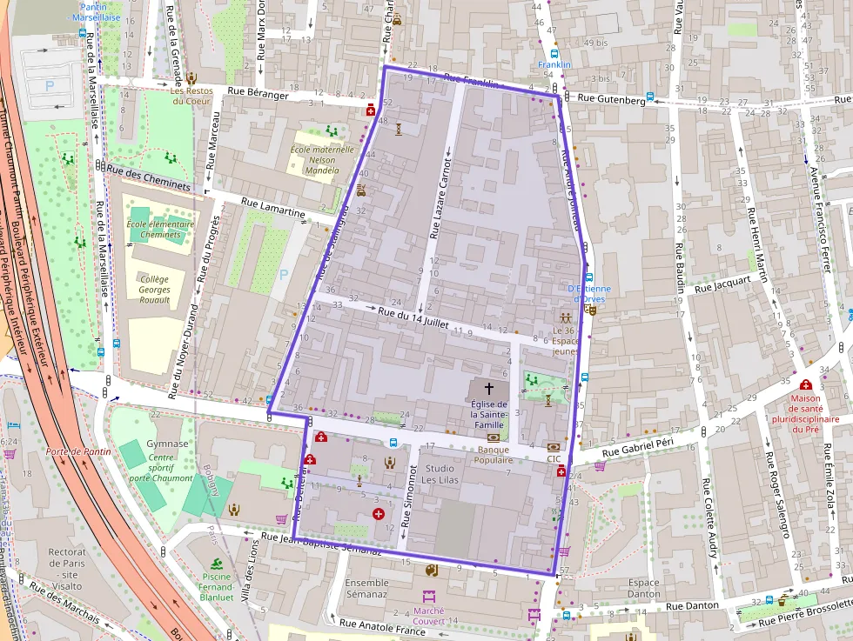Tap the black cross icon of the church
click(489, 388)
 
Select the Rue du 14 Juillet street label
click(413, 317)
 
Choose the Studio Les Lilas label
click(440, 474)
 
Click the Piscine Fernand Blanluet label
click(216, 586)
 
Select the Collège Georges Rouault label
click(154, 289)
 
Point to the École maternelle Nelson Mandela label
click(321, 159)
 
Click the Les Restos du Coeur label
click(190, 95)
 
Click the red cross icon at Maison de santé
click(805, 384)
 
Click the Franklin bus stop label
click(554, 64)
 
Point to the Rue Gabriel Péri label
click(625, 448)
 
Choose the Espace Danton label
click(644, 589)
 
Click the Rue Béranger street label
click(258, 94)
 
